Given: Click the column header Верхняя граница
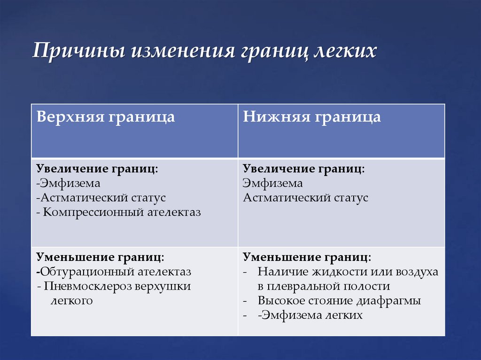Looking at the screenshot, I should click(106, 117).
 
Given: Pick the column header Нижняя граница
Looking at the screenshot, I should click(311, 117).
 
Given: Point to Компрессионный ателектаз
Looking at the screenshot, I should click(122, 212).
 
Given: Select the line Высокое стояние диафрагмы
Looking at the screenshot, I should click(339, 301).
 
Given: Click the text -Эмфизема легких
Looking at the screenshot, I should click(310, 315).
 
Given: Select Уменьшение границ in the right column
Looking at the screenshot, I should click(307, 257).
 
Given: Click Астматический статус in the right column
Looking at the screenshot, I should click(305, 198).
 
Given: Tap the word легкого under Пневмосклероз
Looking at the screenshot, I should click(71, 301).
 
